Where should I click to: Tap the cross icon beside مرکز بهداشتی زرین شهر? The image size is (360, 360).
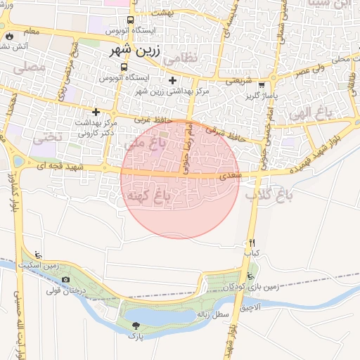(x=172, y=81)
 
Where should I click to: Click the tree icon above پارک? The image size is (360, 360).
(x=136, y=326)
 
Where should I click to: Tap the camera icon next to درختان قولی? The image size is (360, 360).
(x=65, y=279)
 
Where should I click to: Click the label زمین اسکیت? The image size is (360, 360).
(x=61, y=266)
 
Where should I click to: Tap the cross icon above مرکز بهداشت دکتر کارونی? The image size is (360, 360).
(x=96, y=112)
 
